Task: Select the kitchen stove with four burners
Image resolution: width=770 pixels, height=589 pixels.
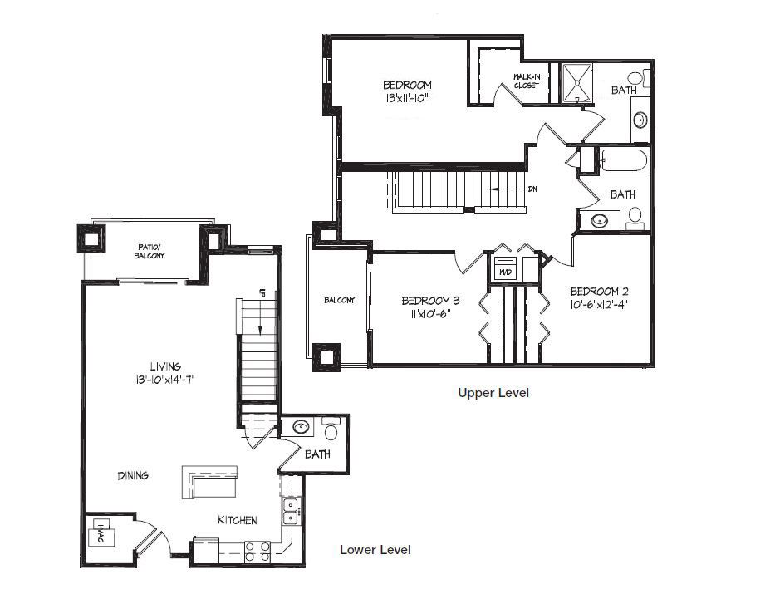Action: pyautogui.click(x=257, y=551)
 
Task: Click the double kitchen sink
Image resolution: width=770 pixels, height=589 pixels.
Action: pyautogui.click(x=290, y=512)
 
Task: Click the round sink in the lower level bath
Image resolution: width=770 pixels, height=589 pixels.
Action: pyautogui.click(x=300, y=426)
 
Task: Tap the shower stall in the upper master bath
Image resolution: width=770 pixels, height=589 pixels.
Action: pyautogui.click(x=577, y=83)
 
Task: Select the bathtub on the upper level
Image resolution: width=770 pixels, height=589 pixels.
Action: pyautogui.click(x=623, y=160)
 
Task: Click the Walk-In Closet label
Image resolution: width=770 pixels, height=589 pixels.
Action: pyautogui.click(x=527, y=81)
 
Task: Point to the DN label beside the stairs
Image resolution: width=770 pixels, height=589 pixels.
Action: pyautogui.click(x=532, y=189)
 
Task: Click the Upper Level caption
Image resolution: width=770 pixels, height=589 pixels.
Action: pyautogui.click(x=493, y=393)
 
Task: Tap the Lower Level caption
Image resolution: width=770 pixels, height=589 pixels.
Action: pyautogui.click(x=375, y=550)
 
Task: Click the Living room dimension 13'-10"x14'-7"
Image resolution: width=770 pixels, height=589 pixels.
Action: pyautogui.click(x=166, y=380)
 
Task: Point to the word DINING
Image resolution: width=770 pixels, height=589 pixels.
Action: pyautogui.click(x=133, y=475)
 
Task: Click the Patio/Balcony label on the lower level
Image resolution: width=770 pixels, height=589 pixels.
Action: pyautogui.click(x=150, y=251)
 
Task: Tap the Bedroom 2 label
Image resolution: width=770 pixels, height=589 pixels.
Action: pyautogui.click(x=599, y=292)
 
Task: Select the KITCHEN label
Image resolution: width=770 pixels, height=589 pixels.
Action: pyautogui.click(x=238, y=520)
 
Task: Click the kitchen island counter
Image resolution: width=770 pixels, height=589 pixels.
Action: pyautogui.click(x=209, y=482)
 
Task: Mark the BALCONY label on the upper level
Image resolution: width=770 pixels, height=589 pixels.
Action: pyautogui.click(x=340, y=300)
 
